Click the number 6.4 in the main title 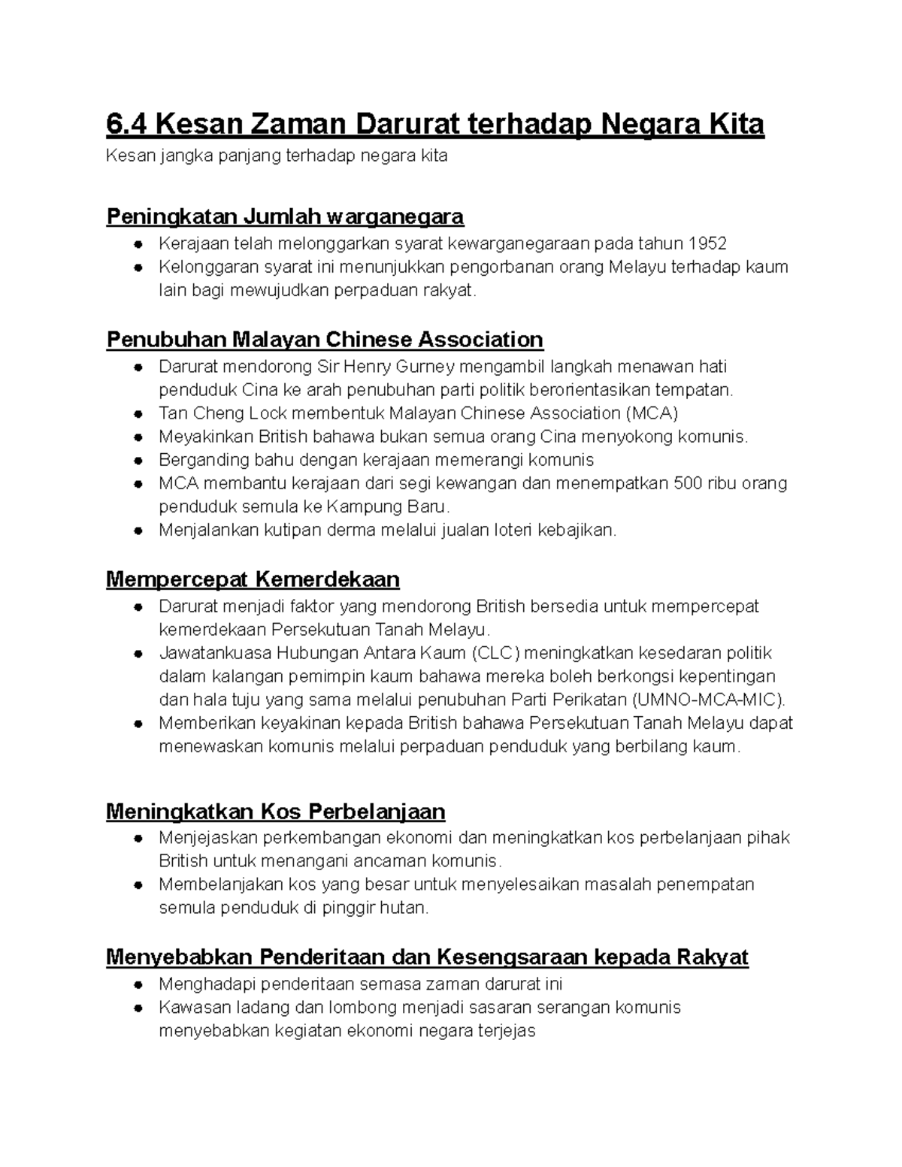(127, 123)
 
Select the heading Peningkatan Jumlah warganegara (285, 217)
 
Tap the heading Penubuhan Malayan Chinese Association (325, 340)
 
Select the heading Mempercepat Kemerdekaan (253, 579)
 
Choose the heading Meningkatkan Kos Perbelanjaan (276, 812)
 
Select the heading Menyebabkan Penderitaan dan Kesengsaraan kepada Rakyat (427, 957)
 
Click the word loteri (512, 530)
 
